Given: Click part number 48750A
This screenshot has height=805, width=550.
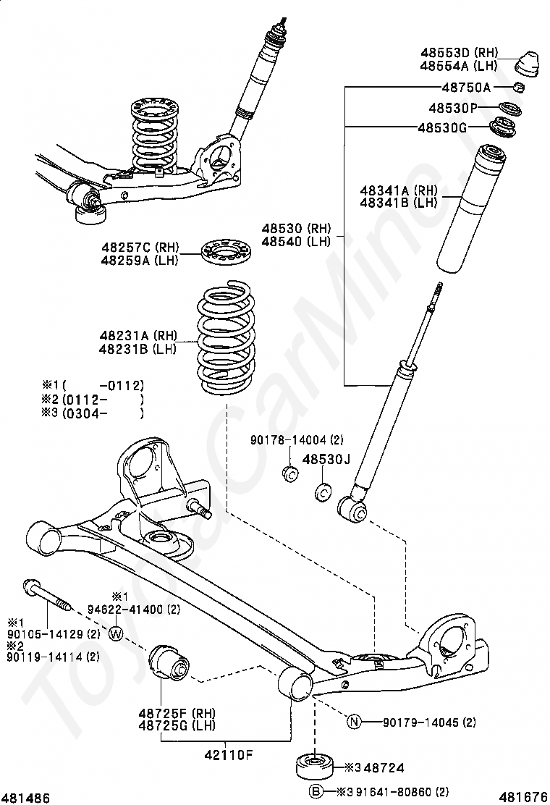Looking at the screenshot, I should click(x=466, y=88).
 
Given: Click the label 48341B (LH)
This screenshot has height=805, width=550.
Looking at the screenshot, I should click(x=399, y=203).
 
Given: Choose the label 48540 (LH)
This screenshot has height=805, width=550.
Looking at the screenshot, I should click(x=296, y=241).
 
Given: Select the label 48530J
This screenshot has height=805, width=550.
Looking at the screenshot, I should click(x=326, y=459).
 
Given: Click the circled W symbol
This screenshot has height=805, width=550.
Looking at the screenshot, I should click(x=117, y=634).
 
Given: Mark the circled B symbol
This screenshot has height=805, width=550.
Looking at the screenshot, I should click(x=316, y=791).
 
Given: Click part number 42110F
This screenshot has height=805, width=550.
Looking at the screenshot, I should click(x=229, y=755).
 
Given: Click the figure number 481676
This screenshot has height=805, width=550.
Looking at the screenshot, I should click(x=522, y=797).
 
